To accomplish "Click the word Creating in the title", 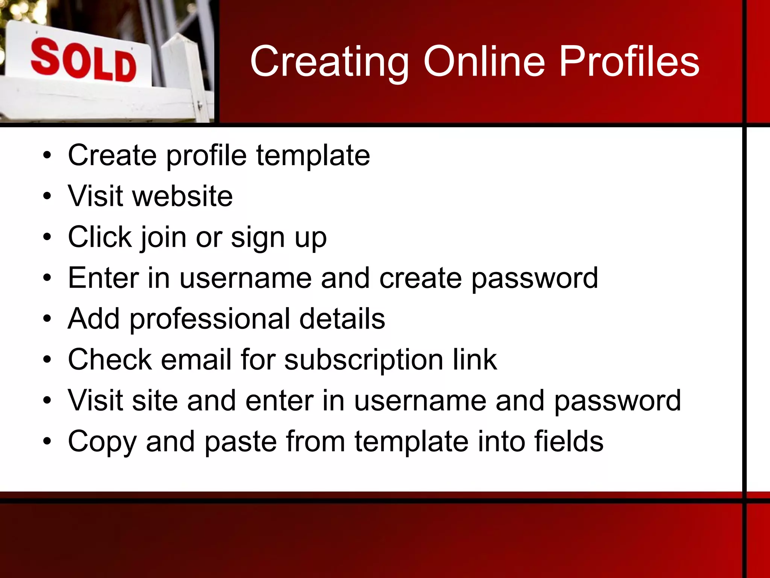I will coord(329,62).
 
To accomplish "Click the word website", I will coord(182,196).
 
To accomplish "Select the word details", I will coord(342,319).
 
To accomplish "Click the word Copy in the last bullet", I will coord(102,442).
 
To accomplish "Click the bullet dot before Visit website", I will coord(47,196).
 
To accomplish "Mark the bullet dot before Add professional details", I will coord(47,319).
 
